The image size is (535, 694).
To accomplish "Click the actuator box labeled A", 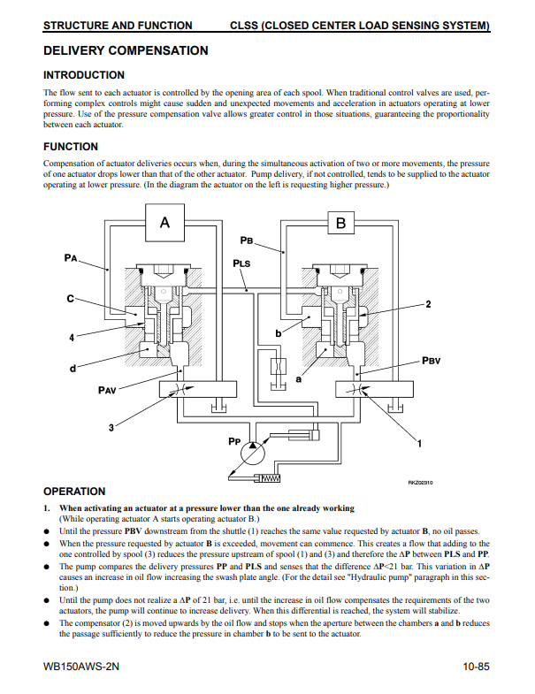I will pyautogui.click(x=164, y=224).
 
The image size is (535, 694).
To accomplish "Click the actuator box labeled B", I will pyautogui.click(x=341, y=224).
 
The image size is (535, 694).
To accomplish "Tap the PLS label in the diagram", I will pyautogui.click(x=241, y=263).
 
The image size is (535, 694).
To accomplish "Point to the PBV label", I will pyautogui.click(x=432, y=361).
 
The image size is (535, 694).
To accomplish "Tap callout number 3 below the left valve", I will pyautogui.click(x=111, y=429).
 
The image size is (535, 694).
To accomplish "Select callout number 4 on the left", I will pyautogui.click(x=72, y=337).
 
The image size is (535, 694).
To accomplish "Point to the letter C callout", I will pyautogui.click(x=70, y=300).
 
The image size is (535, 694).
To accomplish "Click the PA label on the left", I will pyautogui.click(x=72, y=257).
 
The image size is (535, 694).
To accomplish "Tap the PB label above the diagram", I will pyautogui.click(x=247, y=240).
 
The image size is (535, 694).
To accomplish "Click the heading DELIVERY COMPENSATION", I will pyautogui.click(x=126, y=51).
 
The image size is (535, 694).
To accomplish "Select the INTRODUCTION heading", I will pyautogui.click(x=84, y=75).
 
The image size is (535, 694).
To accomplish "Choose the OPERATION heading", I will pyautogui.click(x=74, y=492).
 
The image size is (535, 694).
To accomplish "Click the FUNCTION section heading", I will pyautogui.click(x=71, y=147).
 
